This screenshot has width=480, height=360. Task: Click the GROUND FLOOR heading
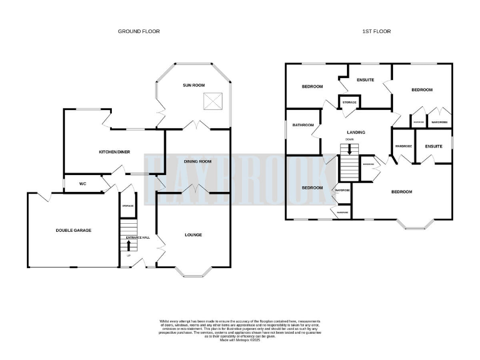pyautogui.click(x=139, y=31)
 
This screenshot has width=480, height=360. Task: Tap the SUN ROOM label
pyautogui.click(x=193, y=85)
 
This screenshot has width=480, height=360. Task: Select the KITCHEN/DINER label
pyautogui.click(x=114, y=152)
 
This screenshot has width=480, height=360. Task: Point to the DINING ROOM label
pyautogui.click(x=197, y=162)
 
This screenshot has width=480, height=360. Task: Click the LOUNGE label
pyautogui.click(x=193, y=235)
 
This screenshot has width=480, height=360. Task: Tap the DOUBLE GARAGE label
pyautogui.click(x=74, y=231)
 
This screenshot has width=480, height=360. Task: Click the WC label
pyautogui.click(x=81, y=184)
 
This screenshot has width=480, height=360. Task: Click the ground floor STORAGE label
pyautogui.click(x=127, y=205)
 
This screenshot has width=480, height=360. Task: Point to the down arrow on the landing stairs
pyautogui.click(x=349, y=149)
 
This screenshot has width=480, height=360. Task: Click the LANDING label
pyautogui.click(x=356, y=132)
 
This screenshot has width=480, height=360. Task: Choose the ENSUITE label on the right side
pyautogui.click(x=433, y=146)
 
